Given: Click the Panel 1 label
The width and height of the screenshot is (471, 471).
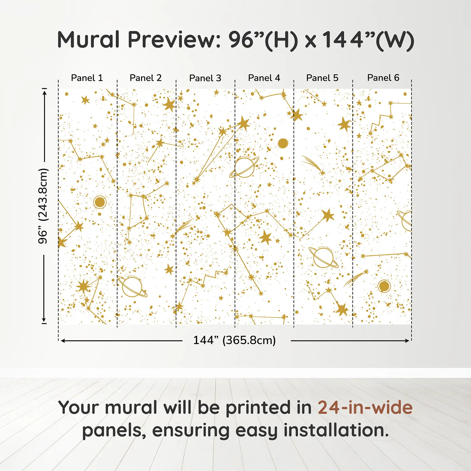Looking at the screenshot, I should [x=87, y=78].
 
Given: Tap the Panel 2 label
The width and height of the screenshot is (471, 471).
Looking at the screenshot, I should [x=146, y=78].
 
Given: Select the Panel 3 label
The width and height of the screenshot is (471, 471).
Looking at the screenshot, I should [x=205, y=78].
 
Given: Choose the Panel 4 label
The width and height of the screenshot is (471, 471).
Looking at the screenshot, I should [x=264, y=78].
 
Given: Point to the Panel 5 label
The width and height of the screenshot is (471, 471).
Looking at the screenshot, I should [x=322, y=78].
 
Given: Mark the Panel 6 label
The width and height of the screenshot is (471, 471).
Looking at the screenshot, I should [x=383, y=78].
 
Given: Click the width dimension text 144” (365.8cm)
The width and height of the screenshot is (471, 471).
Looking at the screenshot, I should [x=234, y=340].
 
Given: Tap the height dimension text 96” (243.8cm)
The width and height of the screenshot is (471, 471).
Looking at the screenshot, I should [x=43, y=206].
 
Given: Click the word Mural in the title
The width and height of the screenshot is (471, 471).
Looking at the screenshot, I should [x=88, y=40].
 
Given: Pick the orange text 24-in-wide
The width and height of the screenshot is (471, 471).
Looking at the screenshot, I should [x=365, y=408].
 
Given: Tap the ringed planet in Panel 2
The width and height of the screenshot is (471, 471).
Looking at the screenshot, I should [x=132, y=287].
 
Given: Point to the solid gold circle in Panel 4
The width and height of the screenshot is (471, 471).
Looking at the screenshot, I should [x=283, y=143].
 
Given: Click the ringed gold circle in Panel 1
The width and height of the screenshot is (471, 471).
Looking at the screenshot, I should [x=100, y=202].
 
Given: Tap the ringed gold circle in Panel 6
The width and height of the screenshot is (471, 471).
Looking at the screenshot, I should [x=384, y=286].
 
